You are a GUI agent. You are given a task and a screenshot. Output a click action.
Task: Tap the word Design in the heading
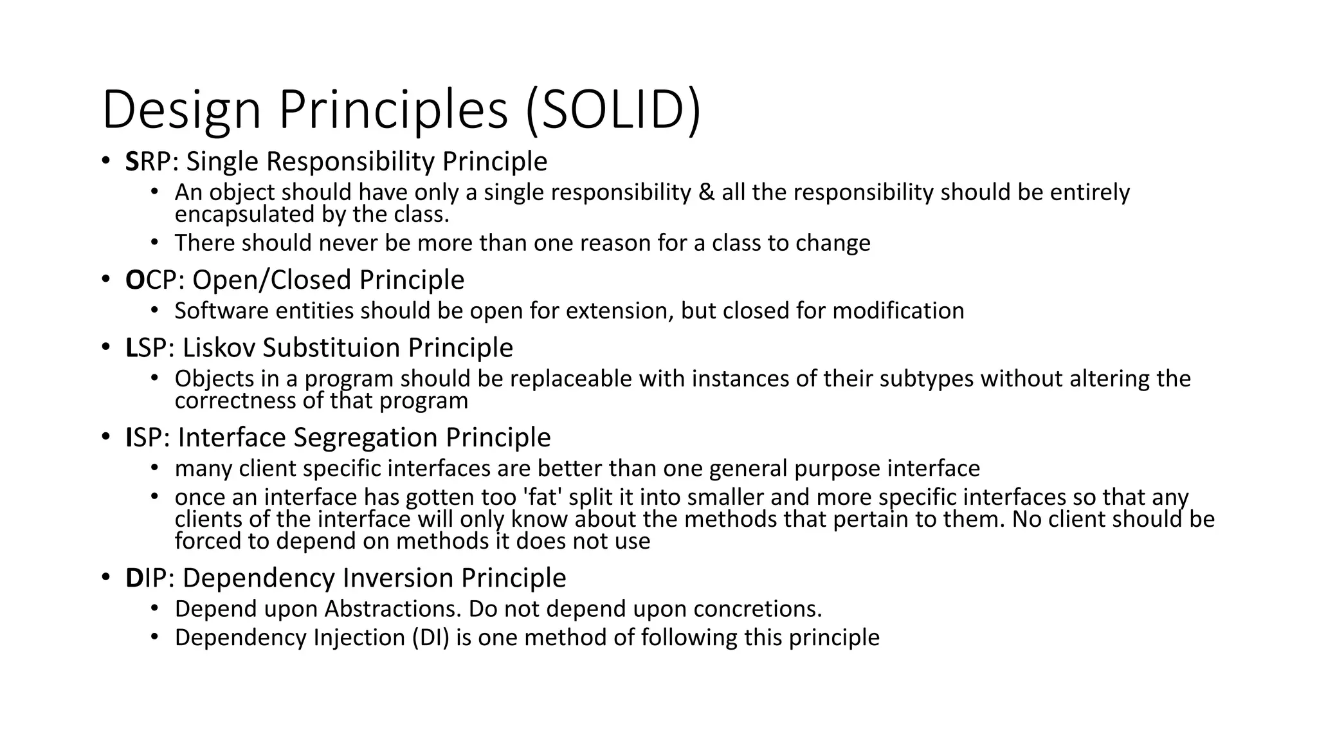(181, 110)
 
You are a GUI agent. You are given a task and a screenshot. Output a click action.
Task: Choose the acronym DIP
(146, 578)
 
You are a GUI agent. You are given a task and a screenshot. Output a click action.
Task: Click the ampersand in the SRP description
(706, 192)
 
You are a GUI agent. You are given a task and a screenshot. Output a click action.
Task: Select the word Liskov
(219, 348)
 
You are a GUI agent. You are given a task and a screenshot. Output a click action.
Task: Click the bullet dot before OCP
(105, 279)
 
